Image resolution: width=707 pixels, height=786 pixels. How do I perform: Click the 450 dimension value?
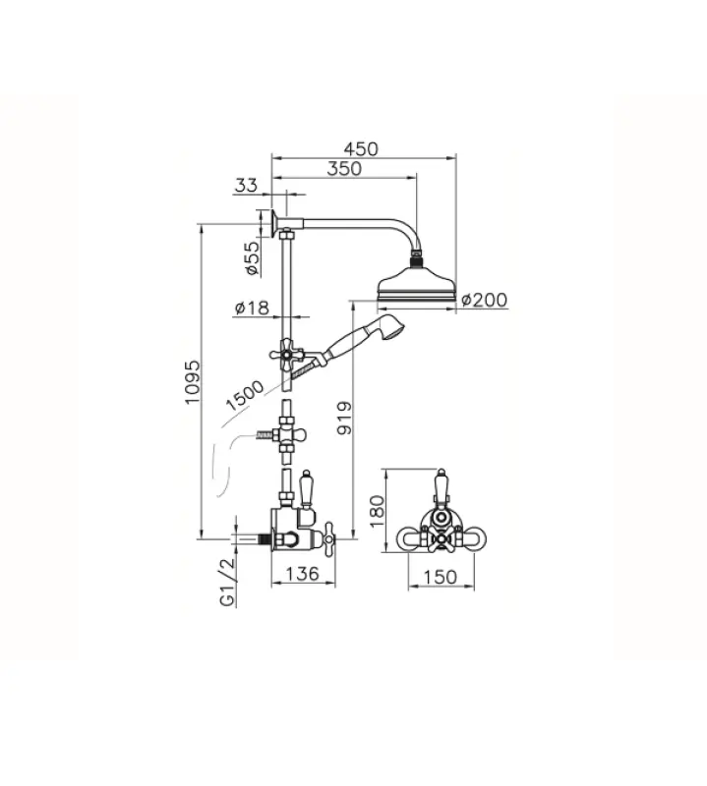pyautogui.click(x=361, y=149)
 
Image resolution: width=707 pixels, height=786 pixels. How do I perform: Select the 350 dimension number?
pyautogui.click(x=344, y=168)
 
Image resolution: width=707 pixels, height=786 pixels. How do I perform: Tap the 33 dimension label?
pyautogui.click(x=247, y=186)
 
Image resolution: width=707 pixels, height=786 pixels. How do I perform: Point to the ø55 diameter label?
pyautogui.click(x=254, y=258)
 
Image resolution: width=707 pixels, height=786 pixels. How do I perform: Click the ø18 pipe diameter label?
pyautogui.click(x=252, y=308)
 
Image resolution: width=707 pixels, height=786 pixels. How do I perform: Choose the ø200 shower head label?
pyautogui.click(x=484, y=300)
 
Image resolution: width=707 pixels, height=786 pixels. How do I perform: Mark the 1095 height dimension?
pyautogui.click(x=193, y=382)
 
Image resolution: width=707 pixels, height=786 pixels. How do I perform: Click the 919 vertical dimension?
pyautogui.click(x=345, y=417)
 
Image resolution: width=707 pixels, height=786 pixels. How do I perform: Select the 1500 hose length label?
pyautogui.click(x=245, y=396)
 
